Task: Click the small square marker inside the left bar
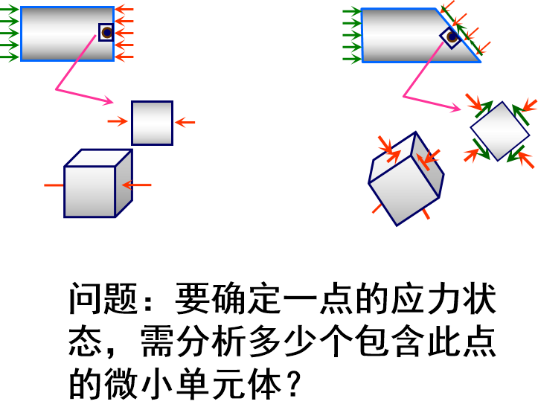click(x=106, y=32)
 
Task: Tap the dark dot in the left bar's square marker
click(x=107, y=33)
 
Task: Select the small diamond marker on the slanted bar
click(x=452, y=36)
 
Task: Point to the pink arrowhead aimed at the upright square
click(x=108, y=100)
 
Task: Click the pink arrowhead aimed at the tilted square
click(x=455, y=109)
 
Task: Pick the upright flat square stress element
click(x=152, y=123)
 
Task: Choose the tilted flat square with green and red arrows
click(x=500, y=131)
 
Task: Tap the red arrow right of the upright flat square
click(x=185, y=122)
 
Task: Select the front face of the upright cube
click(x=90, y=191)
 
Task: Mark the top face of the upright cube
click(x=98, y=158)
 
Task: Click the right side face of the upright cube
click(x=124, y=183)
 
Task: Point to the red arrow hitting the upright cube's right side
click(x=137, y=185)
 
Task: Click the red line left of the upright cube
click(x=54, y=185)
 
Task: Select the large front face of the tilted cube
click(x=405, y=189)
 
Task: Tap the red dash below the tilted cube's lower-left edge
click(x=377, y=209)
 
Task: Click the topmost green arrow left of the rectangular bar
click(x=10, y=10)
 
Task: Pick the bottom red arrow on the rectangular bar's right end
click(x=124, y=57)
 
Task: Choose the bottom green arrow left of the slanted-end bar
click(x=351, y=58)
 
